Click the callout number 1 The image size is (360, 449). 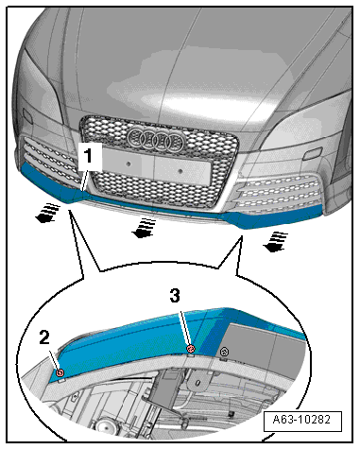pyautogui.click(x=88, y=156)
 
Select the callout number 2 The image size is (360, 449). pyautogui.click(x=44, y=338)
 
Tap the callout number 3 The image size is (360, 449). pyautogui.click(x=175, y=296)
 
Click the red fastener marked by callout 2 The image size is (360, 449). pyautogui.click(x=60, y=372)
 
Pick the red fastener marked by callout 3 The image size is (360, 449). pyautogui.click(x=191, y=349)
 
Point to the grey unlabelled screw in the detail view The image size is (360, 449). pyautogui.click(x=225, y=352)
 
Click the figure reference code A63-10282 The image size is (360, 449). pyautogui.click(x=301, y=420)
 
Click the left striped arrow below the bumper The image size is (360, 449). pyautogui.click(x=47, y=213)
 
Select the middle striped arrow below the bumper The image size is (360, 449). pyautogui.click(x=144, y=228)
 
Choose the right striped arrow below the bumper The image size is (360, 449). pyautogui.click(x=276, y=242)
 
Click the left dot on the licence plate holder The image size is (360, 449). pyautogui.click(x=129, y=164)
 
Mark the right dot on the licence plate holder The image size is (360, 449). pyautogui.click(x=180, y=171)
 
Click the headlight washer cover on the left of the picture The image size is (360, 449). pyautogui.click(x=27, y=117)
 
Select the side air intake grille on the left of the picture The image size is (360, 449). pyautogui.click(x=50, y=158)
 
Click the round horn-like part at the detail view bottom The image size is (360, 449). pyautogui.click(x=107, y=427)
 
